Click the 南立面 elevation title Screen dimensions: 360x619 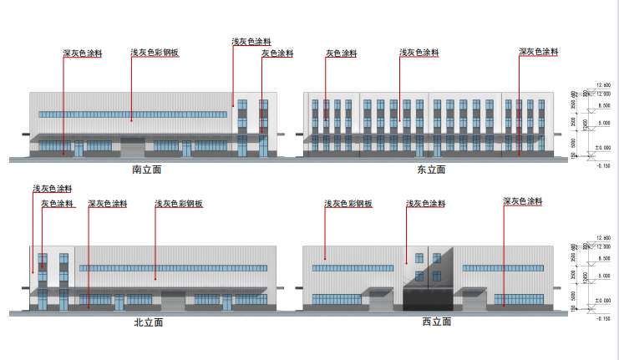pos(146,169)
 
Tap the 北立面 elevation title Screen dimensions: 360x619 pos(147,322)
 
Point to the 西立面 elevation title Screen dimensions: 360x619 pos(436,322)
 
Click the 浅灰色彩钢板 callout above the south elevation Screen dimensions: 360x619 pos(155,53)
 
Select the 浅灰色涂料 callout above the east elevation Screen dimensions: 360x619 pos(419,53)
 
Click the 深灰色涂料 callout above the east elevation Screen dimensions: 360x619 pos(538,52)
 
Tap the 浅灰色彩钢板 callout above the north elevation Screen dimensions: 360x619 pos(180,203)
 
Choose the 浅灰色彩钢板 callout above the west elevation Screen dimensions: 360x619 pos(348,204)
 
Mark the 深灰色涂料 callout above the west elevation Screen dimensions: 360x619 pos(523,201)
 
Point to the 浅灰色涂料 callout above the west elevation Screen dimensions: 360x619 pos(426,204)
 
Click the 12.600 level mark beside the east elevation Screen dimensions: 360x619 pos(603,85)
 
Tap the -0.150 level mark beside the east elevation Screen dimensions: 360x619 pos(602,165)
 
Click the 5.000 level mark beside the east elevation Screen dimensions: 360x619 pos(603,124)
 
